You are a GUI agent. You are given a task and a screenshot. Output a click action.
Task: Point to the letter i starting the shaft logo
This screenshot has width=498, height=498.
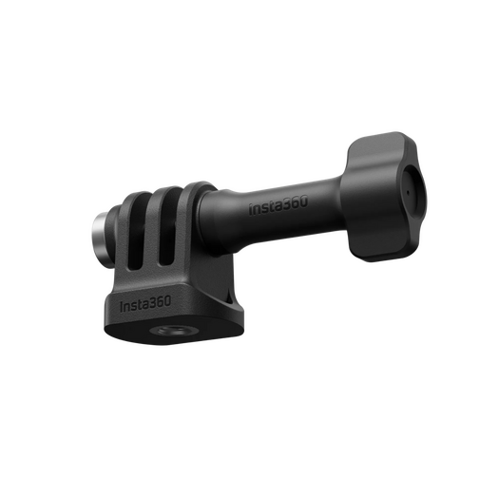[251, 208]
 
